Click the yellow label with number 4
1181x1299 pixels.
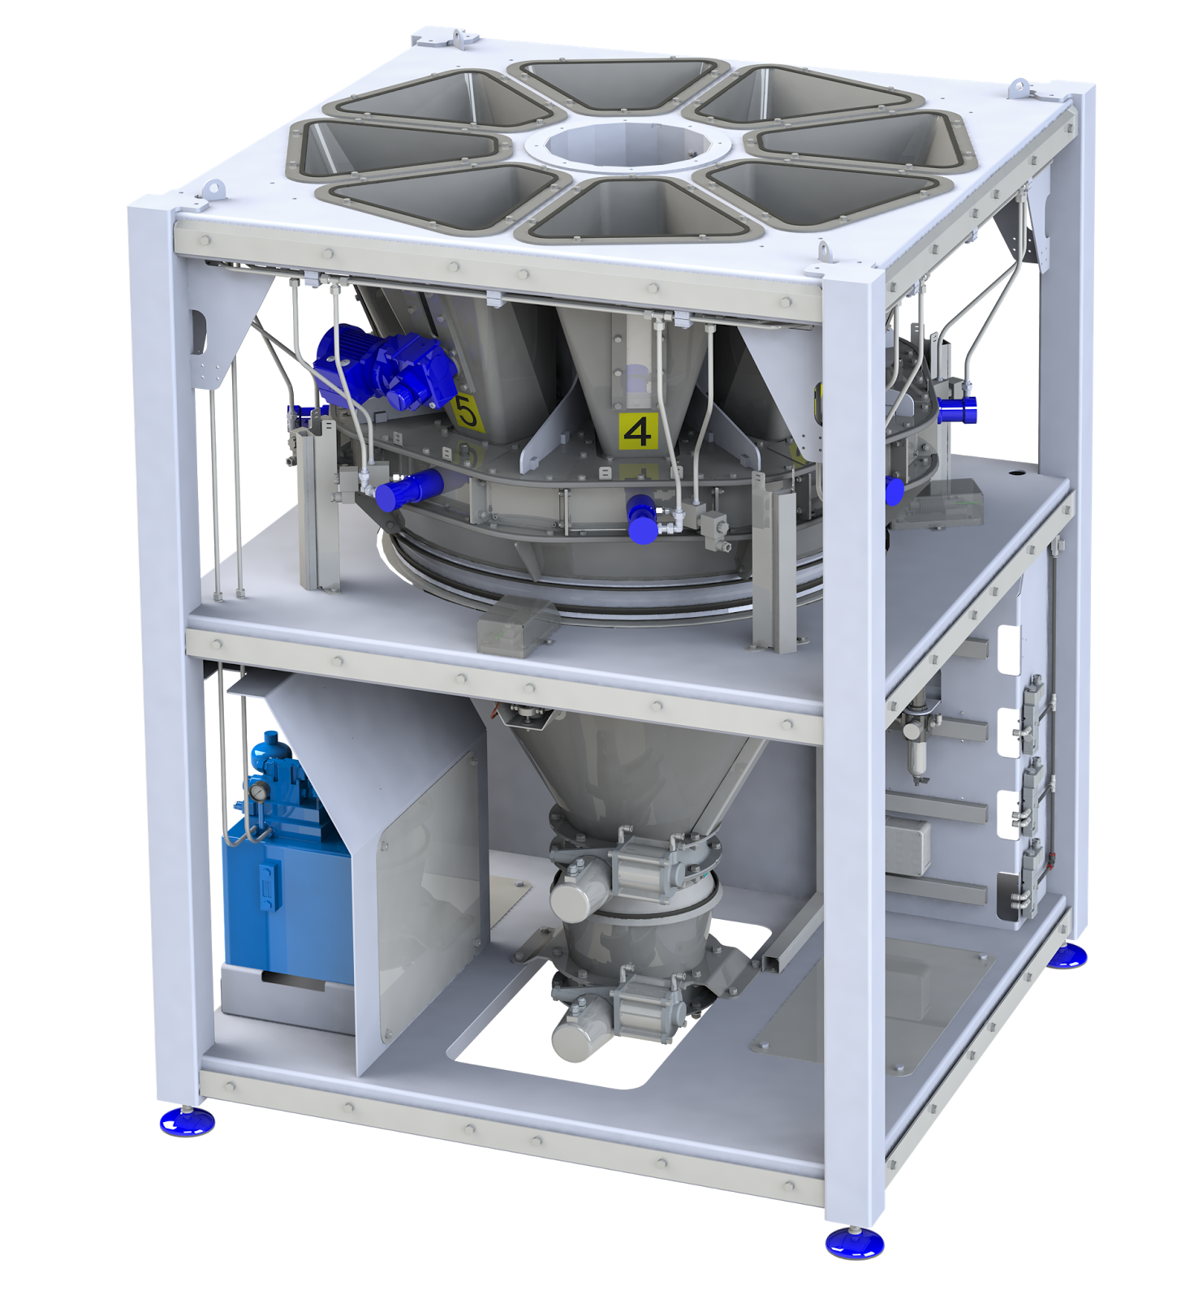(637, 431)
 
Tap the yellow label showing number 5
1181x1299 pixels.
(468, 412)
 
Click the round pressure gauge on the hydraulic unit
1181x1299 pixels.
(258, 790)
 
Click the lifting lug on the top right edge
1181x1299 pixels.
(1019, 86)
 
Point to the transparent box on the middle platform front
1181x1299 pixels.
(518, 624)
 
